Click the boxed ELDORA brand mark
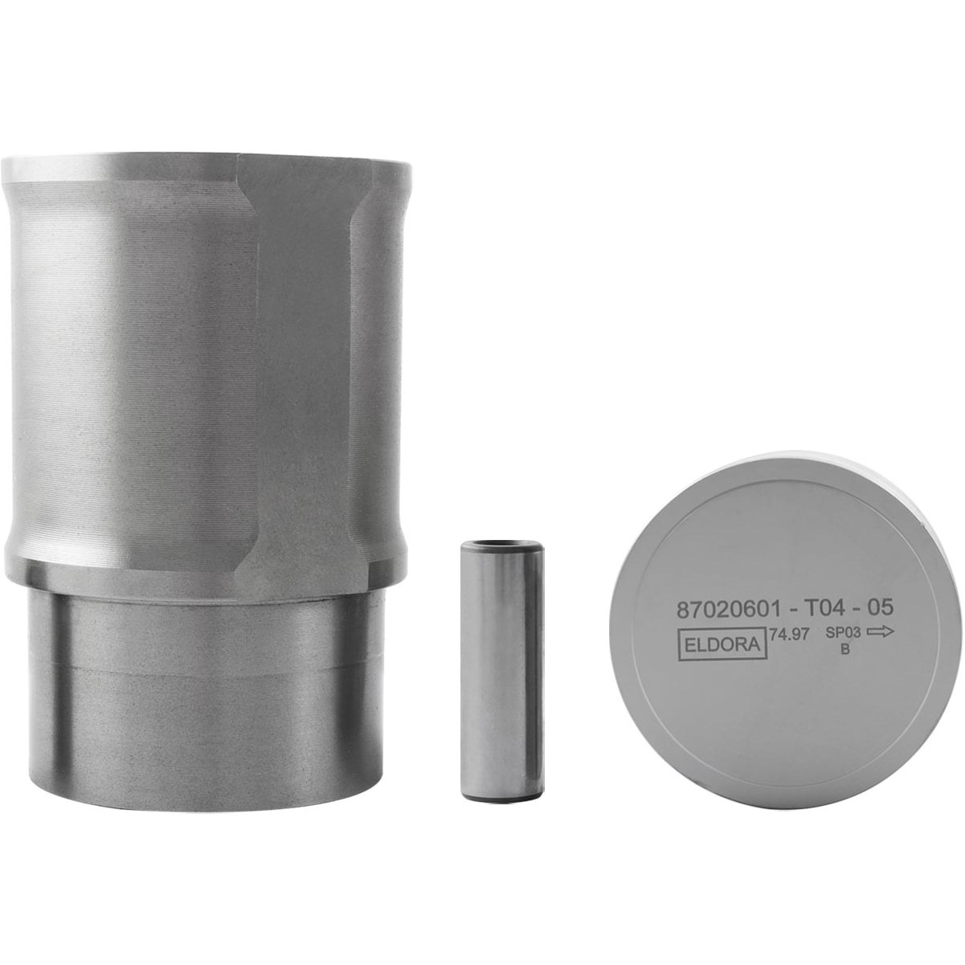click(722, 645)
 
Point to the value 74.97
click(790, 635)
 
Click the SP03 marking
click(843, 633)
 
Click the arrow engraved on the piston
click(880, 632)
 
